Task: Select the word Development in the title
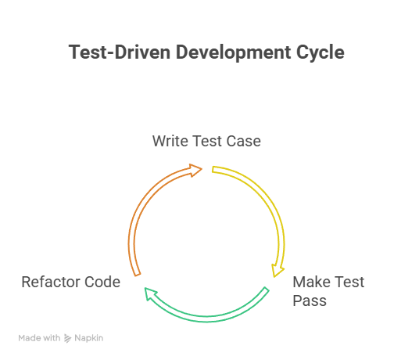pos(233,53)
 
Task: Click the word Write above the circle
pos(170,141)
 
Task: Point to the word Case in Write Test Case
pos(243,141)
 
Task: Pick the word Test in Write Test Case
pos(207,141)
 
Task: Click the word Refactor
pos(51,282)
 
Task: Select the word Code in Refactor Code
pos(102,282)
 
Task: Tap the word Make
pos(311,282)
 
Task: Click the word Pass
pos(310,301)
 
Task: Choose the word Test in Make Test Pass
pos(349,282)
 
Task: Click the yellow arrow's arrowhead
pos(278,272)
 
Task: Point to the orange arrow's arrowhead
pos(196,170)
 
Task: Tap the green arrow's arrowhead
pos(150,293)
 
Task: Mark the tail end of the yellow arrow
pos(213,170)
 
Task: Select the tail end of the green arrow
pos(267,289)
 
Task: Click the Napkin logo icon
pos(67,338)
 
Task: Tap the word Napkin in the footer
pos(89,338)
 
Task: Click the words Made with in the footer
pos(39,338)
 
